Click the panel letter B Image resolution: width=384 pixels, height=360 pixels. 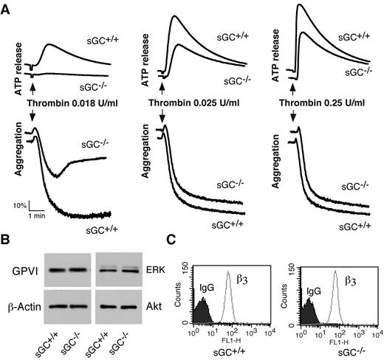tap(7, 238)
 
